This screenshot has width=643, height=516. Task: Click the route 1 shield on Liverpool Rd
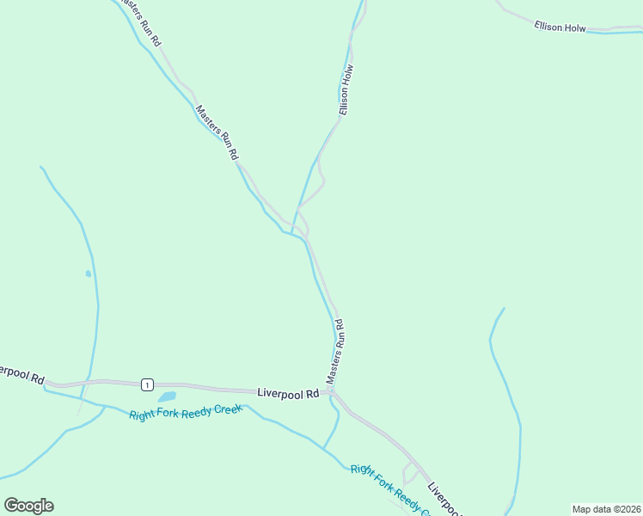click(148, 384)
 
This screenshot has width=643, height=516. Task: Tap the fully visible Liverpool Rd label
click(288, 392)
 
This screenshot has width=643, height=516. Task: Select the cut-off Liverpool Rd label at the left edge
click(21, 374)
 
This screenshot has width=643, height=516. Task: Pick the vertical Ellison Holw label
click(346, 90)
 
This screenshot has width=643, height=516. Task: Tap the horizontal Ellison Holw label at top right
click(560, 28)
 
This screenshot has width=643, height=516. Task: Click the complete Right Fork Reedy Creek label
click(186, 411)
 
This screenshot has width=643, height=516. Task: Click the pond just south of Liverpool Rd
click(167, 397)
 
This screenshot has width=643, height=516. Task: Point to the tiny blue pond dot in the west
click(88, 273)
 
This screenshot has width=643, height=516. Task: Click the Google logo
click(28, 506)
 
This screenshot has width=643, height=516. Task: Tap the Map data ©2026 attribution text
click(606, 509)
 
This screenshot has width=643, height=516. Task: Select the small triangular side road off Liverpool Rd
click(410, 472)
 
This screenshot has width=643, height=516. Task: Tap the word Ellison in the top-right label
click(548, 27)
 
